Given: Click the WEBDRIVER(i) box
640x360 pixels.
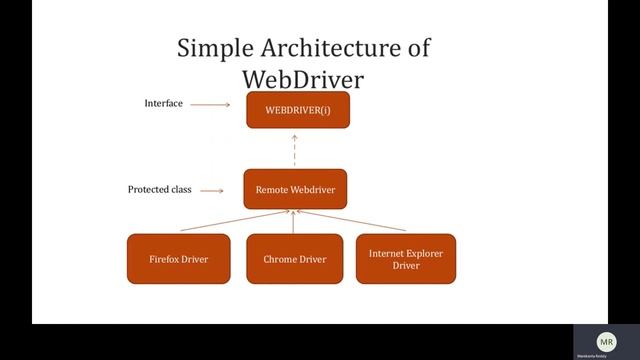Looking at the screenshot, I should (298, 109).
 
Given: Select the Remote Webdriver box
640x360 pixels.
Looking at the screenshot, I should (295, 189).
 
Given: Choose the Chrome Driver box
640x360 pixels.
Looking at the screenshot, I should (295, 259).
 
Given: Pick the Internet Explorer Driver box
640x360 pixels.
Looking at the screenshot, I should (405, 259).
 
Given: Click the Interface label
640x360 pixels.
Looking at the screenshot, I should (163, 103).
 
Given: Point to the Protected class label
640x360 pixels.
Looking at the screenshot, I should (159, 189).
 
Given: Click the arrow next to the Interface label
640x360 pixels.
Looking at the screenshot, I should (211, 104).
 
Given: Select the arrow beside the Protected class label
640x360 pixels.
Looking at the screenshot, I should (212, 190).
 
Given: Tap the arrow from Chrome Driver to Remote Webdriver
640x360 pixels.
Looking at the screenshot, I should (294, 222).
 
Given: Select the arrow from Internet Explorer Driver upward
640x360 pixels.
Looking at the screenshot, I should (350, 222).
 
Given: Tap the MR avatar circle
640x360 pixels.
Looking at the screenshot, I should (607, 341).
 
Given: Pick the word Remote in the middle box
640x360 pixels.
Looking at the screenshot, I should (272, 189).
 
